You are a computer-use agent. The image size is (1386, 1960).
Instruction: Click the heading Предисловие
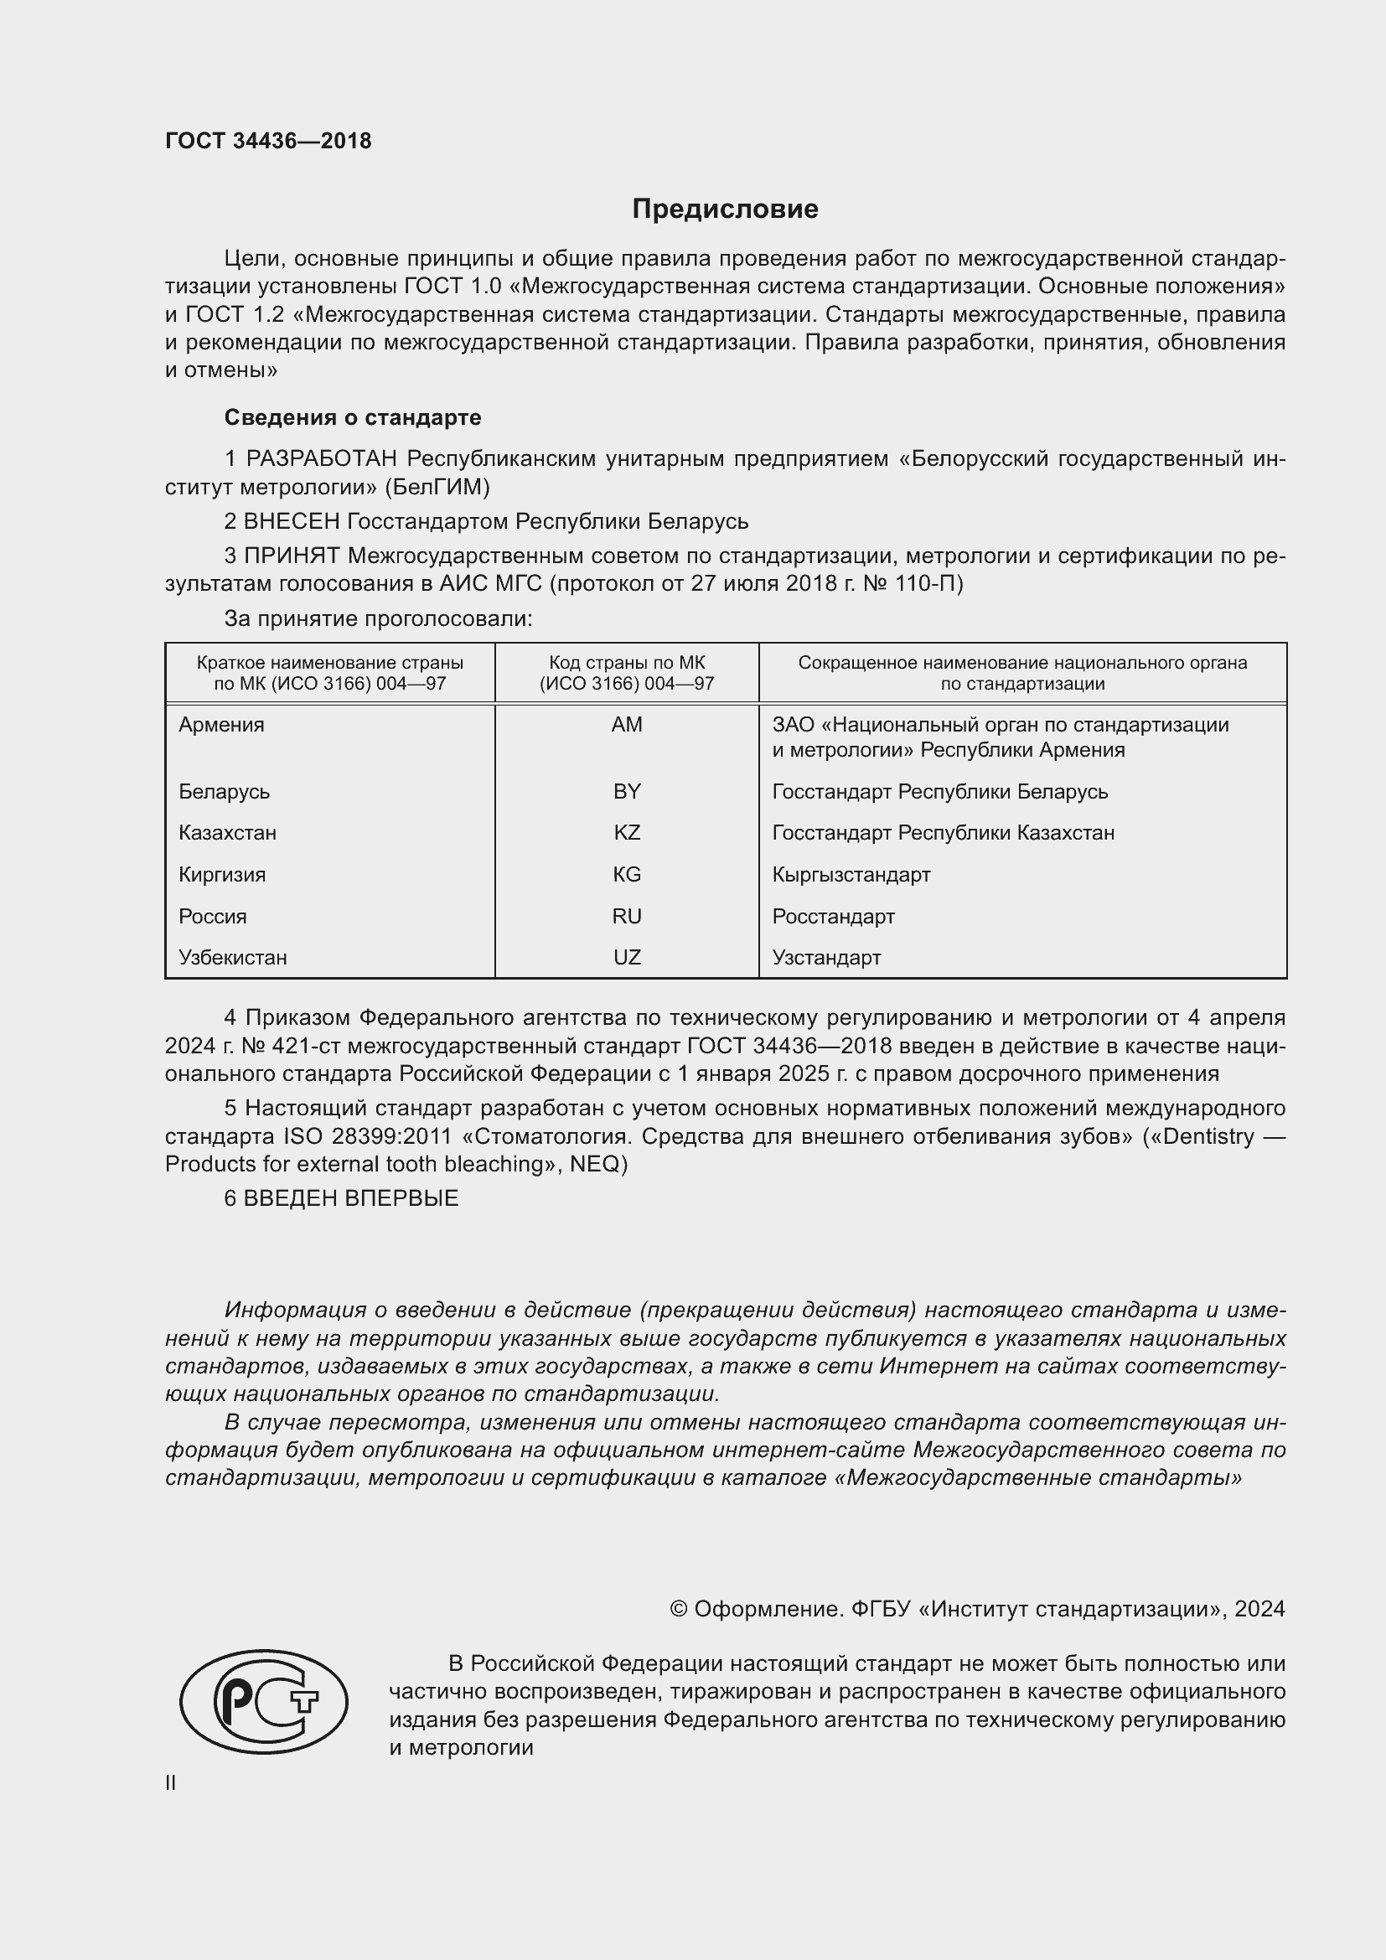(x=725, y=209)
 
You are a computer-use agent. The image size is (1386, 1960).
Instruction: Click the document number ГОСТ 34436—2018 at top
(x=268, y=141)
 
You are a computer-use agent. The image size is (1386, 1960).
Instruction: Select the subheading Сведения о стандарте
(x=353, y=417)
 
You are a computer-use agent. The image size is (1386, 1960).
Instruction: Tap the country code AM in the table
(x=627, y=725)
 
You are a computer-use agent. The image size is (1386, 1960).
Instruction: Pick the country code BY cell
(x=627, y=791)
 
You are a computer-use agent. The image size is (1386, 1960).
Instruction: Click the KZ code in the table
(x=627, y=832)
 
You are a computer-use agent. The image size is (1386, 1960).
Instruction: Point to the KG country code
(x=627, y=874)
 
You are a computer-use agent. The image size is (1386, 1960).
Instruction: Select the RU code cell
(x=627, y=916)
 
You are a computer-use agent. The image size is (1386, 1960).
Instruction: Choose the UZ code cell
(x=627, y=957)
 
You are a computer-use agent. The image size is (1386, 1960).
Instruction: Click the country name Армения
(x=221, y=725)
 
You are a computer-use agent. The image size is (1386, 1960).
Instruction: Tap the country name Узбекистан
(x=232, y=957)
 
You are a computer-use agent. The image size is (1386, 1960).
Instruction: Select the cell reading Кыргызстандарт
(x=851, y=874)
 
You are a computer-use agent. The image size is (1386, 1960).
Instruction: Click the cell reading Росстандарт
(x=833, y=916)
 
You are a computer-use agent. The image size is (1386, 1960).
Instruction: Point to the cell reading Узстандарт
(x=826, y=957)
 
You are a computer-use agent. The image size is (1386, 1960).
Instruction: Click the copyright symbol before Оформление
(x=679, y=1609)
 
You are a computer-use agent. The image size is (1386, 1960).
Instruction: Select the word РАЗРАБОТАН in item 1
(x=323, y=459)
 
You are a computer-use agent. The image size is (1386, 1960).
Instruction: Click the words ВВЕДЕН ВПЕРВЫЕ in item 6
(x=351, y=1198)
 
